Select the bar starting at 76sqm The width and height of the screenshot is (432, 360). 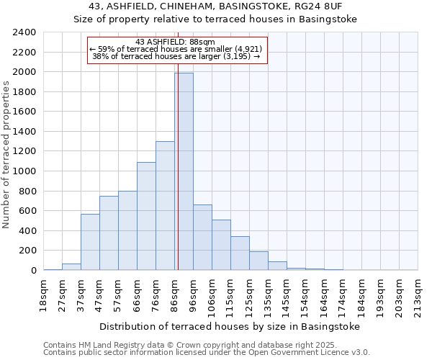[165, 205]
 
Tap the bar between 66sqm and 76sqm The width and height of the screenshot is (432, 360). [146, 216]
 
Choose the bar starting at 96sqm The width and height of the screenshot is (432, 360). [202, 238]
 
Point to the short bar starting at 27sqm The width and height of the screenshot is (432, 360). [71, 266]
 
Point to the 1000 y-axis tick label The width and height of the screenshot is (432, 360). [25, 171]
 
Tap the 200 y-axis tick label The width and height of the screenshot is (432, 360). [28, 251]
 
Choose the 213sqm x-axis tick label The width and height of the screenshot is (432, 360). [418, 294]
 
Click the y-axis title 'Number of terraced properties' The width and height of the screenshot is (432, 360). [6, 155]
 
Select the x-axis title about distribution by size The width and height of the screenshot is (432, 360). [229, 326]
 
